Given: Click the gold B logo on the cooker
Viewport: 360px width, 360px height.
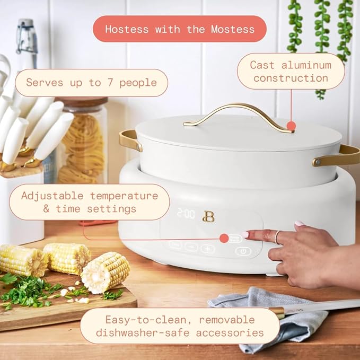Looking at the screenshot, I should [208, 216].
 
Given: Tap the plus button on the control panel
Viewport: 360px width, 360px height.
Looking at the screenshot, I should [207, 248].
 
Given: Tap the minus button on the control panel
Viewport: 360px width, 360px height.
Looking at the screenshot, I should [191, 247].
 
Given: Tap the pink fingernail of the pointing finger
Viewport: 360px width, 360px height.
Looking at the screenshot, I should [245, 234].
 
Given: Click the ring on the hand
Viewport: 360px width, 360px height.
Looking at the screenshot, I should [276, 238].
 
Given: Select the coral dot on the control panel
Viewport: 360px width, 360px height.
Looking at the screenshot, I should [224, 239].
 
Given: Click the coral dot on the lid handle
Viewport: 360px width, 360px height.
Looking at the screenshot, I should [291, 126].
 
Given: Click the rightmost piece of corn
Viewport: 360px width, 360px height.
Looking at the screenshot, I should [106, 273].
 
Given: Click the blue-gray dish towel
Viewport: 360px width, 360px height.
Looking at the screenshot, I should [276, 318].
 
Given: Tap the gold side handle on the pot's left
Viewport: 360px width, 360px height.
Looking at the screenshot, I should [129, 141].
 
